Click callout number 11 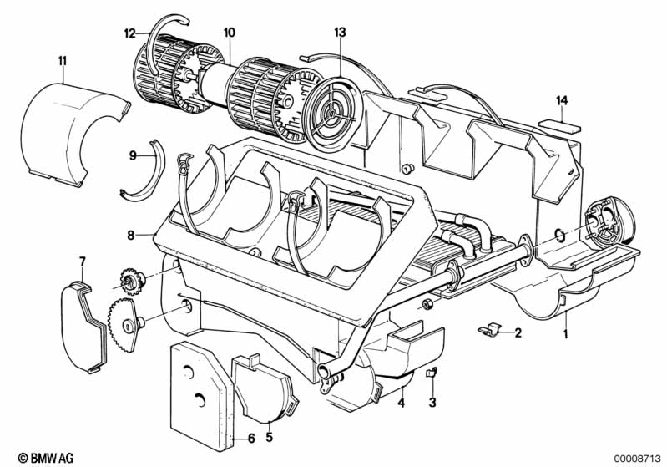point(63,61)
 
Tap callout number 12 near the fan point(129,33)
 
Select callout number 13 point(341,33)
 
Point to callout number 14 point(562,101)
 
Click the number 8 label point(131,235)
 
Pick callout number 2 point(518,332)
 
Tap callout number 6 point(251,438)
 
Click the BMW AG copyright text point(46,458)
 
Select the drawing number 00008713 point(636,459)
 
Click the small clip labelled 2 point(490,329)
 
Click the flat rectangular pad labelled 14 point(560,126)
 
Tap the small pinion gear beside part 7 point(131,280)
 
